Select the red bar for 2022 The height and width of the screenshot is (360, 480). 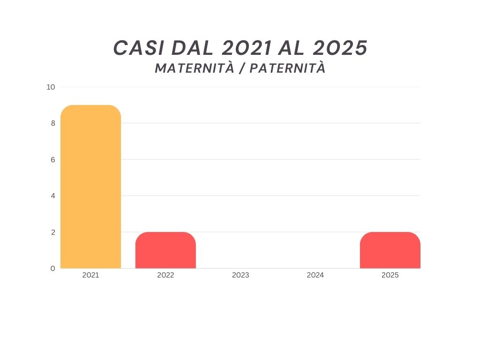click(x=165, y=250)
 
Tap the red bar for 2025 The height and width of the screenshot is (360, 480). click(x=390, y=250)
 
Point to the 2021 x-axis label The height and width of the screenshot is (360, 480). click(x=90, y=275)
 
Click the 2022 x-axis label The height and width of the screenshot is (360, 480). click(x=165, y=275)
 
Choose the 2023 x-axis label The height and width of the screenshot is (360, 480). click(x=240, y=275)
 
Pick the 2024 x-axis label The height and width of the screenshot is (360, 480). click(x=315, y=275)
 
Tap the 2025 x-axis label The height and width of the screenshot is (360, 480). click(x=390, y=275)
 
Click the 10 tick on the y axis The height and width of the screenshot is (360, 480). click(x=51, y=87)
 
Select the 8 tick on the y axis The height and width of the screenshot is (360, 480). click(x=53, y=123)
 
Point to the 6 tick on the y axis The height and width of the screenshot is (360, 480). click(x=53, y=160)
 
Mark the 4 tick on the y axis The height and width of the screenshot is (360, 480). click(x=53, y=196)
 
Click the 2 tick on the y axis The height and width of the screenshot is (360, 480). click(x=53, y=232)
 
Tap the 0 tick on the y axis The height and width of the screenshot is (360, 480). click(x=53, y=269)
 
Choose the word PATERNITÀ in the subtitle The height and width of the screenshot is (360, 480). click(x=287, y=68)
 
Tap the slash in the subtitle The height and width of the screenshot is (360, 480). click(x=242, y=69)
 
